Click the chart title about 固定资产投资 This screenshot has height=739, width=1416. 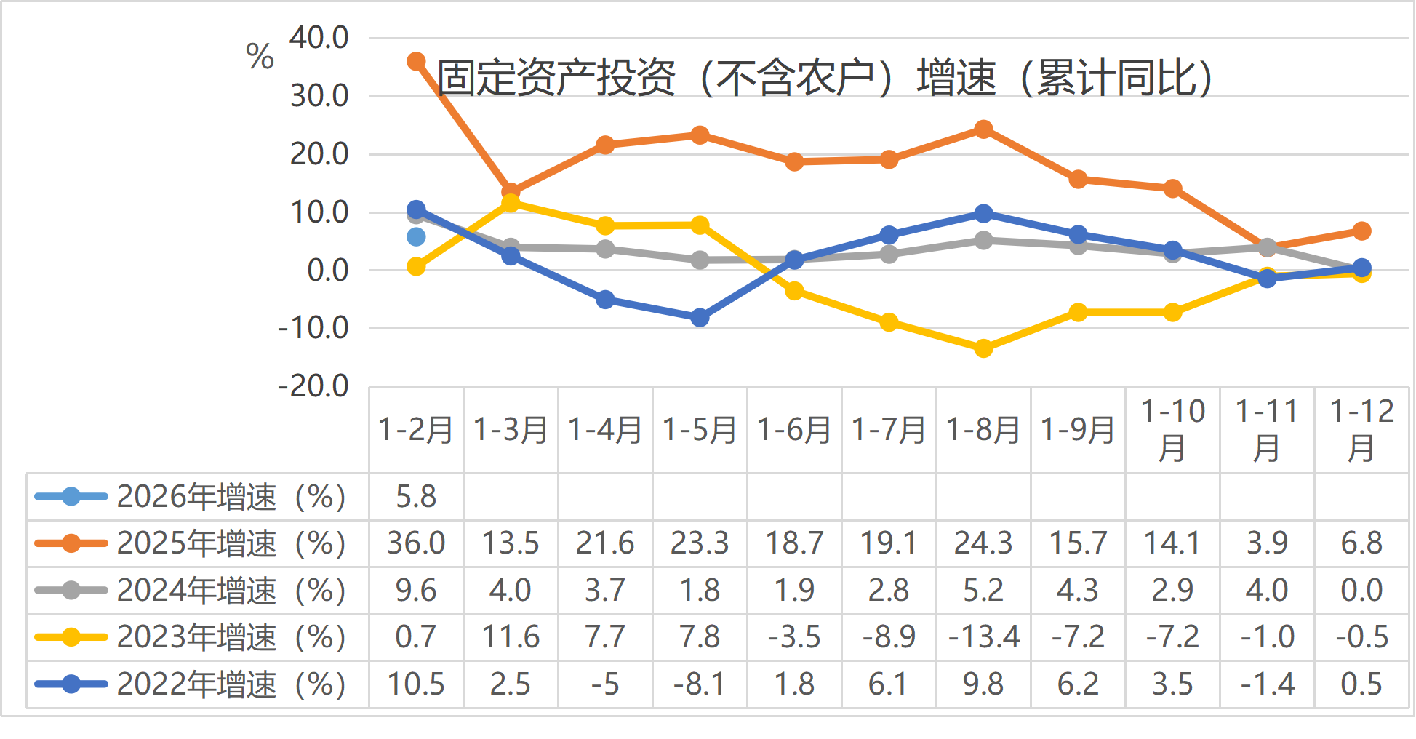(825, 78)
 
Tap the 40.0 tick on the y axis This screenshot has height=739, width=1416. (319, 38)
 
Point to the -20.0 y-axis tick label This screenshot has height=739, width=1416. (313, 386)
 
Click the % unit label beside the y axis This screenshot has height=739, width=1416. (260, 57)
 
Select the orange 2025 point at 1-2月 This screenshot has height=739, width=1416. (416, 62)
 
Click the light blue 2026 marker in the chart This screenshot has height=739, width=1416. (416, 236)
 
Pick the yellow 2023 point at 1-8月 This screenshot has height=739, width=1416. (983, 348)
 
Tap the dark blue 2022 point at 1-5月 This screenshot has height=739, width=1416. (700, 318)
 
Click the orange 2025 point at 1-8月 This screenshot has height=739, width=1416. (983, 129)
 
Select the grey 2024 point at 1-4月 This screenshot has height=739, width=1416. (605, 249)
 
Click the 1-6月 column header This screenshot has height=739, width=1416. (794, 430)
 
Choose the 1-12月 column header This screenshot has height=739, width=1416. (1361, 430)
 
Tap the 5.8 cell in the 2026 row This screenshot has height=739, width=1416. (416, 497)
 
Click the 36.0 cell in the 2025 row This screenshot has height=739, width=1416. (416, 543)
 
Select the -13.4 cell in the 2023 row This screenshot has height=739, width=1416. (983, 637)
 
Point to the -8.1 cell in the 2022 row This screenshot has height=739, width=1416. (700, 684)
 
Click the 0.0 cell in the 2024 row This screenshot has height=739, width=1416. (1361, 590)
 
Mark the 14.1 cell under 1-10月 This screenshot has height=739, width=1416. (1172, 543)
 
